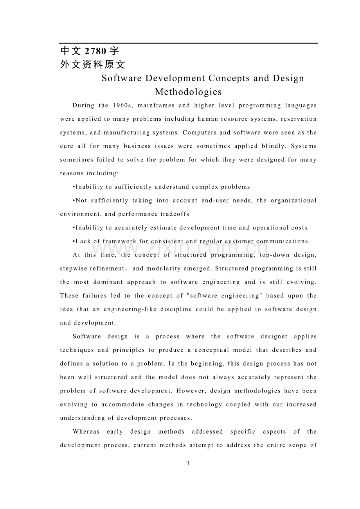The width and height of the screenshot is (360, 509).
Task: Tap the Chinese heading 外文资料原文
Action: pos(93,65)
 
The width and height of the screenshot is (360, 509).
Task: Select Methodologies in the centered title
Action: pos(188,92)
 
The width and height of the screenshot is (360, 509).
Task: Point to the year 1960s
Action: pos(123,105)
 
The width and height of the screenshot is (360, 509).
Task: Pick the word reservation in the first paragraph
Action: pos(299,119)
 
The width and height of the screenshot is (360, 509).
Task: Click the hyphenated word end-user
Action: pos(216,201)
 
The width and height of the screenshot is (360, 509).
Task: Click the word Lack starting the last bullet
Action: pos(83,241)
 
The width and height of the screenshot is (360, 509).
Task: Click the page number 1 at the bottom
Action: pos(188,463)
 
